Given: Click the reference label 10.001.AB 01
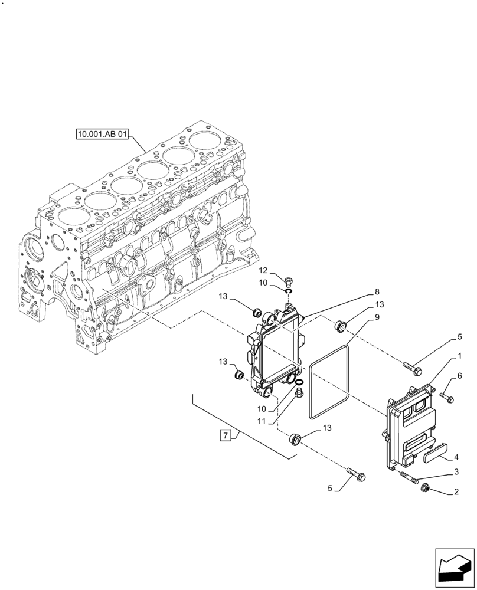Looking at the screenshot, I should (x=102, y=134).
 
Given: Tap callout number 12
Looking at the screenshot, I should (x=263, y=271).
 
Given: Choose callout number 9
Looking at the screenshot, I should (x=375, y=317).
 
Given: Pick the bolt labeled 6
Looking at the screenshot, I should (x=447, y=397).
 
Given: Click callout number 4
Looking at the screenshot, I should (x=456, y=457).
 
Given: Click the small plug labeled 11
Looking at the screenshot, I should (x=298, y=392).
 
